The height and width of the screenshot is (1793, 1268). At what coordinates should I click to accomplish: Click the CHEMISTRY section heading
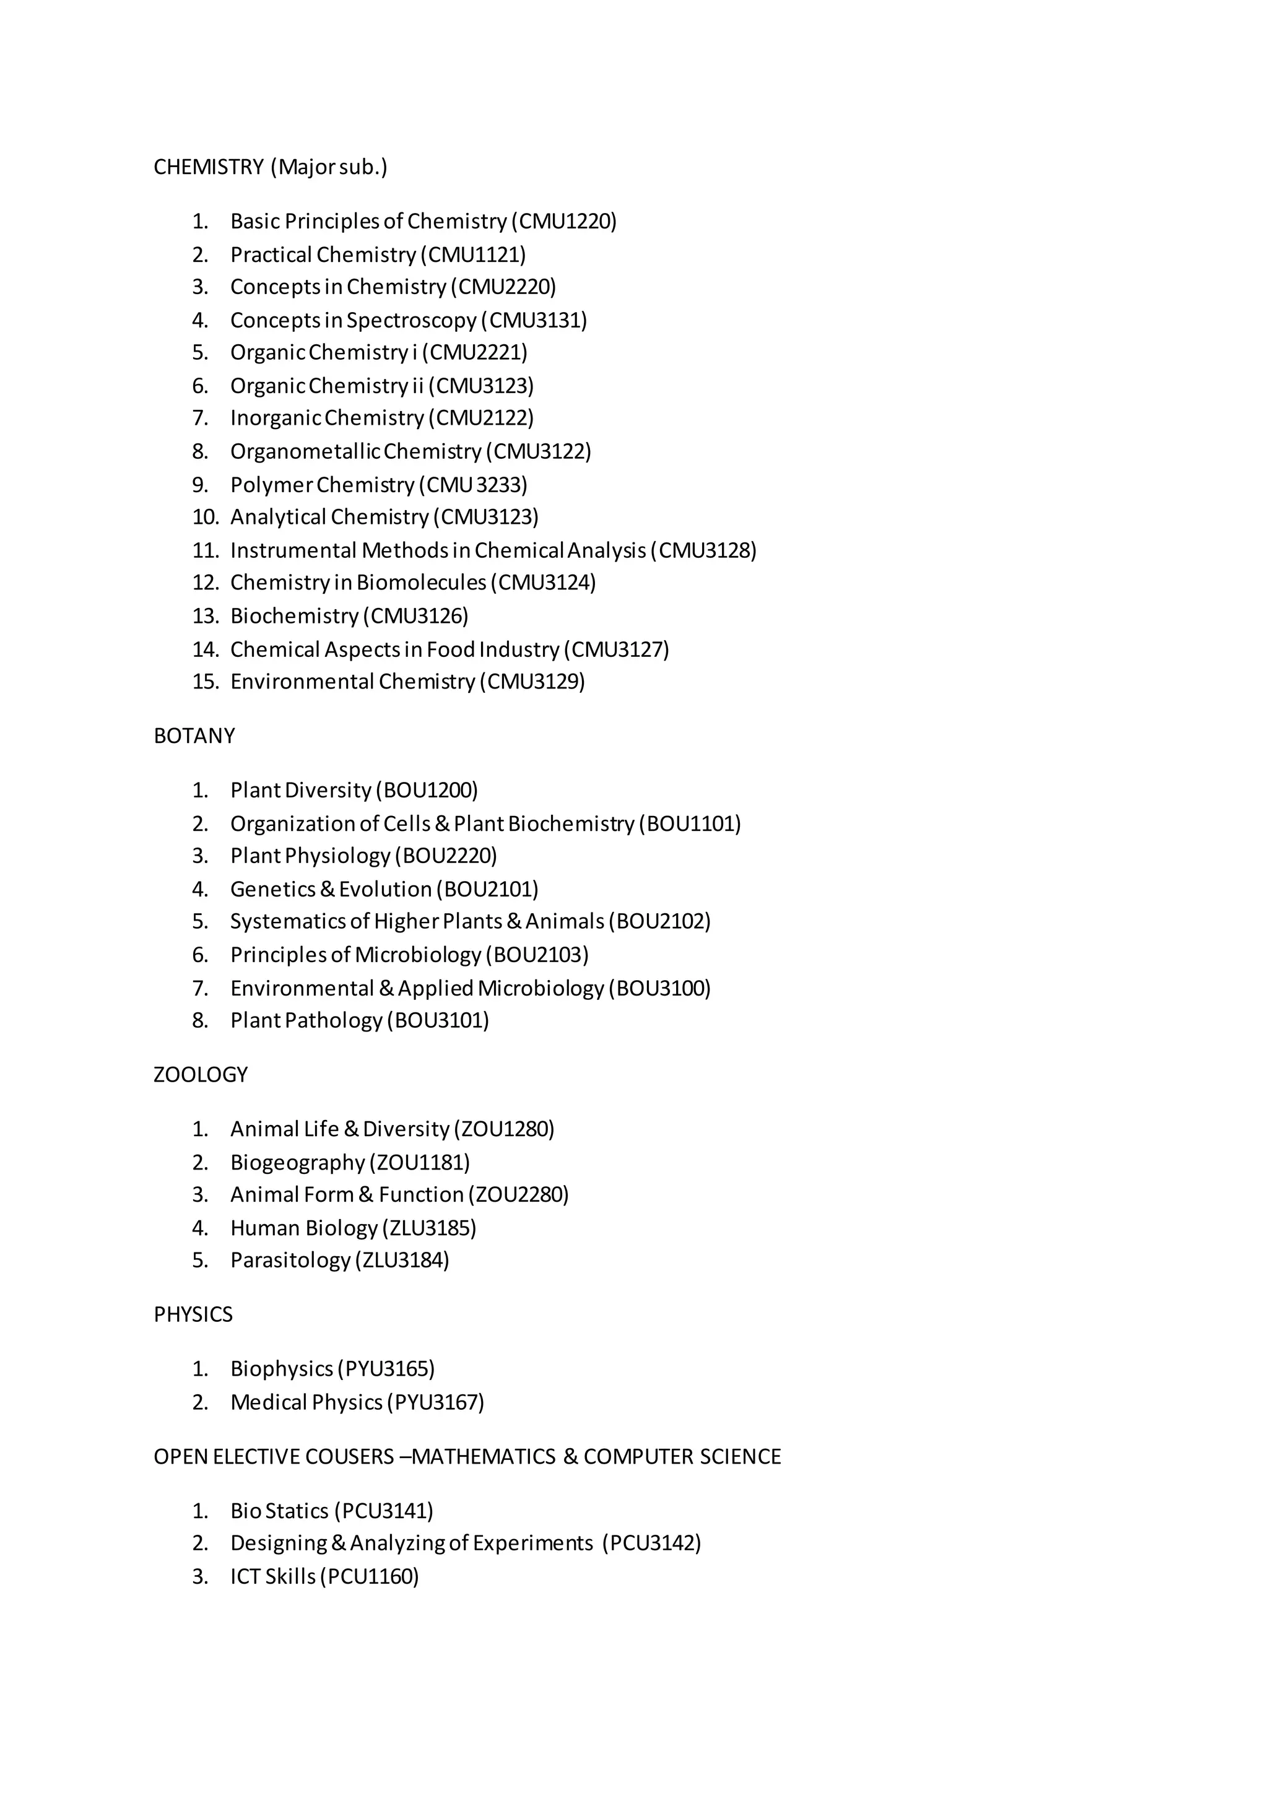click(209, 167)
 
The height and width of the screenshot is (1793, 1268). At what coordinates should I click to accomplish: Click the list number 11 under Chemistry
click(206, 550)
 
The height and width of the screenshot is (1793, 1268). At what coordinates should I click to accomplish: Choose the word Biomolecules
click(422, 583)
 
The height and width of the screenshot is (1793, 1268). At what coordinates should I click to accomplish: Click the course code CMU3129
click(536, 682)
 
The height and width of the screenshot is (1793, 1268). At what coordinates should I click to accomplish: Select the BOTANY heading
click(194, 736)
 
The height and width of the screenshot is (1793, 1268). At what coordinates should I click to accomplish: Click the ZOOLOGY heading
click(201, 1075)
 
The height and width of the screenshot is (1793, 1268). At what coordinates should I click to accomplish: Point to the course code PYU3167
click(439, 1402)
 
